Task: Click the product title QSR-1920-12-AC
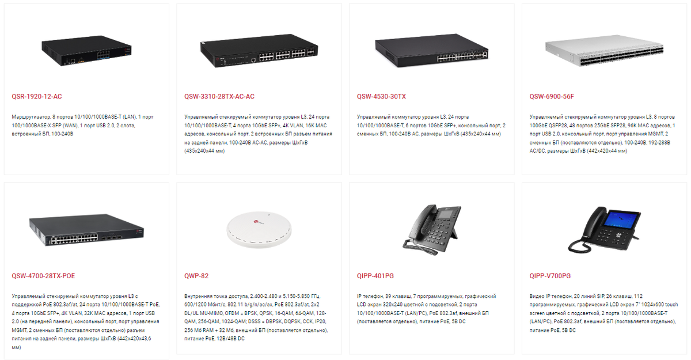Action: pos(36,96)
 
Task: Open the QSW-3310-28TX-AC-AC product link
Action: pos(219,96)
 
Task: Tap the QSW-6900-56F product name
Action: pos(552,96)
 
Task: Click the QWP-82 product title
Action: pos(196,276)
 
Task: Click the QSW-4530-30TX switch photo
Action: pos(432,52)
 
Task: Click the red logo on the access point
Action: pos(257,220)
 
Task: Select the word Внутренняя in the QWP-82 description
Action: pos(199,297)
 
